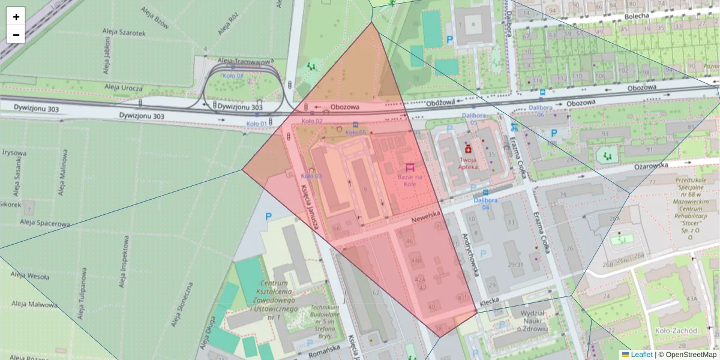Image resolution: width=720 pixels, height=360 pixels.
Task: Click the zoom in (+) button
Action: click(16, 17)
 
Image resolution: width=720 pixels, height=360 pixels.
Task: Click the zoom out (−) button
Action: click(16, 35)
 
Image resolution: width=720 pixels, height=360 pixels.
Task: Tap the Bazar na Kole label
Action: click(410, 180)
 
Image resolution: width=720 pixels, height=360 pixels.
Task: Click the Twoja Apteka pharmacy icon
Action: click(468, 148)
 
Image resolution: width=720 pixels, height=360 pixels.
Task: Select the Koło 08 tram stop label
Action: click(233, 76)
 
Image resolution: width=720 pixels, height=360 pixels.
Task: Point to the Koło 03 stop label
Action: click(311, 176)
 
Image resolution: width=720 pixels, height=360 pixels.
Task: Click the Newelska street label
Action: click(426, 215)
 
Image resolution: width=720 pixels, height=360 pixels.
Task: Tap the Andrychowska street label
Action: click(469, 254)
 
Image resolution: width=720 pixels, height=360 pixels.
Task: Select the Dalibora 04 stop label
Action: click(485, 203)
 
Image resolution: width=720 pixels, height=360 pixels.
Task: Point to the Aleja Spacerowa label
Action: click(44, 223)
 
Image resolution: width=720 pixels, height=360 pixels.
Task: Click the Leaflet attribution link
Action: click(640, 355)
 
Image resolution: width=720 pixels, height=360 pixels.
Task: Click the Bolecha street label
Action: click(636, 16)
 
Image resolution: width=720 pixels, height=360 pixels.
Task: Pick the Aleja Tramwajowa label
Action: click(244, 61)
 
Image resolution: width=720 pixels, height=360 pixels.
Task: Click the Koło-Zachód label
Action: click(676, 330)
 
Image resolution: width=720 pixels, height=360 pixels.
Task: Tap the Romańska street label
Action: click(322, 354)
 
